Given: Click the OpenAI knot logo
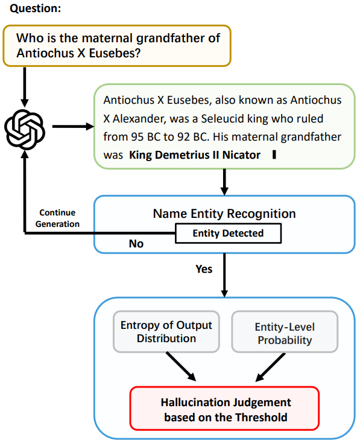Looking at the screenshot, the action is click(25, 130).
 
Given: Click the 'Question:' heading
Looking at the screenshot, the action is click(36, 8).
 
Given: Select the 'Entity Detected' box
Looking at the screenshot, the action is click(228, 234).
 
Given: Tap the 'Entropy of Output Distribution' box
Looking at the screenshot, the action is click(166, 332).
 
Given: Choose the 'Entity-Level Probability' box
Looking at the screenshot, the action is click(285, 332).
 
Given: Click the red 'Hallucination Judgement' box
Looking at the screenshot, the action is click(224, 408).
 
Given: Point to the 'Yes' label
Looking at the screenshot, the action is click(204, 269).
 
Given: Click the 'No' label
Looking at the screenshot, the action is click(136, 244).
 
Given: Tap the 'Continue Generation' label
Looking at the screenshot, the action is click(57, 218).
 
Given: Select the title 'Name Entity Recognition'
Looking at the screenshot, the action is click(224, 214).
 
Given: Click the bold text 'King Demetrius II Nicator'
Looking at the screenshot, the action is click(195, 155).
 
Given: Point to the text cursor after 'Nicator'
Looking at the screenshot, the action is click(274, 155).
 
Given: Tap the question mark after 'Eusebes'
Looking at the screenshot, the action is click(137, 53).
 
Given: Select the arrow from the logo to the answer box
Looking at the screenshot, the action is click(73, 127).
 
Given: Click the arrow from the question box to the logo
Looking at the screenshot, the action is click(25, 87).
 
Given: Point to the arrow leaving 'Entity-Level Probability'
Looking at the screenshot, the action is click(270, 368).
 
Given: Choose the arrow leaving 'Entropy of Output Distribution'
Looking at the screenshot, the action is click(182, 366).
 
